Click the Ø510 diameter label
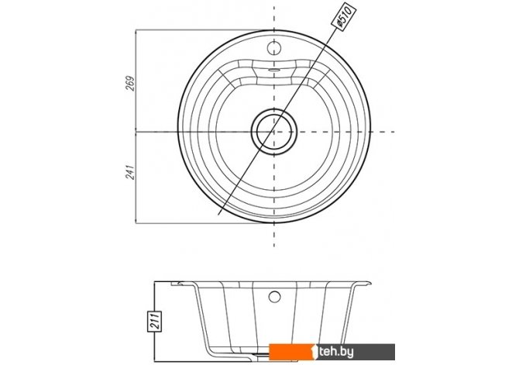coord(344,16)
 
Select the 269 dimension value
coord(130,84)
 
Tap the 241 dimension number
coord(130,172)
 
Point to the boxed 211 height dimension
coord(155,322)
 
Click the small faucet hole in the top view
coord(274,48)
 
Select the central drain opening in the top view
coord(274,132)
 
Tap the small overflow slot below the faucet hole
coord(274,70)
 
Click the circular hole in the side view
coord(274,297)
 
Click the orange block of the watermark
coord(291,352)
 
